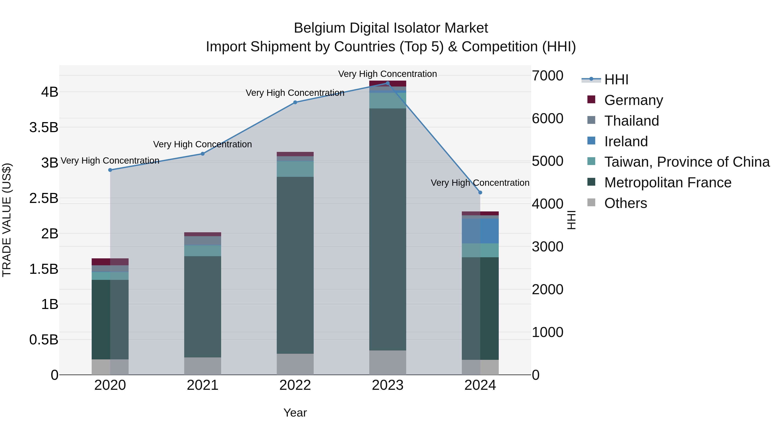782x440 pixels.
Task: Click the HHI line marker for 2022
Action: tap(295, 102)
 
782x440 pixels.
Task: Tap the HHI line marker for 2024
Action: tap(480, 193)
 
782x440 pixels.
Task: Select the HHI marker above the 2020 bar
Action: tap(110, 170)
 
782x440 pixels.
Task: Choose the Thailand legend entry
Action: tap(631, 121)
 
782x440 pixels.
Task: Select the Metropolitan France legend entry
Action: tap(668, 183)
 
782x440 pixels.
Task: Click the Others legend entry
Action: tap(625, 203)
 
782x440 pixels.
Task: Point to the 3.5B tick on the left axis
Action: tap(44, 127)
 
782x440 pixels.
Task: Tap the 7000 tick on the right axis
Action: tap(548, 76)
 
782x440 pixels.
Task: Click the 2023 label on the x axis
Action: tap(388, 385)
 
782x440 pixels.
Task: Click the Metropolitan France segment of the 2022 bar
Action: tap(295, 264)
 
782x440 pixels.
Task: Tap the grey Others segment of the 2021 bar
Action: tap(202, 366)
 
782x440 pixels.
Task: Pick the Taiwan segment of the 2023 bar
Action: tap(388, 100)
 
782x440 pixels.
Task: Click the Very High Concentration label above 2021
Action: tap(202, 144)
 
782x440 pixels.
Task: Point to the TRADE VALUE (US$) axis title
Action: tap(7, 220)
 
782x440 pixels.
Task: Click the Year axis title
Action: tap(295, 413)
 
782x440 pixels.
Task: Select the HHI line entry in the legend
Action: tap(616, 80)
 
